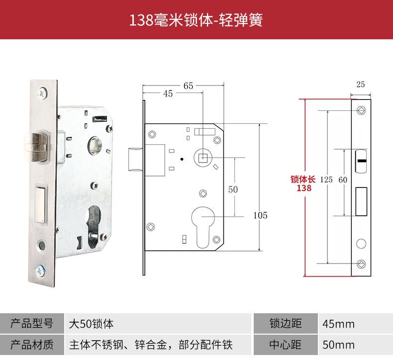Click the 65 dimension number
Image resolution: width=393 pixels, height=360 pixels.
[x=188, y=86]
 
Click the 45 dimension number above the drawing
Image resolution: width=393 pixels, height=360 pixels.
[x=168, y=94]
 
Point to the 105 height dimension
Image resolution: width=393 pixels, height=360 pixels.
[x=260, y=215]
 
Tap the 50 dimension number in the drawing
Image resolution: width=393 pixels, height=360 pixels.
[x=233, y=189]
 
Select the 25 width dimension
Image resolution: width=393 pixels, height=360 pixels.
[x=361, y=85]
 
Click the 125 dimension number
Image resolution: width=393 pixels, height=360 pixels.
[x=326, y=180]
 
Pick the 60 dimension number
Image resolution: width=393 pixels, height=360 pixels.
[x=343, y=180]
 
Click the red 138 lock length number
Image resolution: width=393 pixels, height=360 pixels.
[x=304, y=188]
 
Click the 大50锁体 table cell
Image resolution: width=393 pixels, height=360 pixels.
[x=158, y=323]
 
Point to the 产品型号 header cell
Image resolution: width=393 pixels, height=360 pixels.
[x=32, y=323]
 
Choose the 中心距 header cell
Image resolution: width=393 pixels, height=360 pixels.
[x=286, y=345]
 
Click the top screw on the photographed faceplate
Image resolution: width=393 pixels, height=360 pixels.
[x=42, y=93]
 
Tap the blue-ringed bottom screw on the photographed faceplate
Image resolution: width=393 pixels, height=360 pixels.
[x=40, y=271]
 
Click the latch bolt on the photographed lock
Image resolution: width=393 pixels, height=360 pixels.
[x=37, y=147]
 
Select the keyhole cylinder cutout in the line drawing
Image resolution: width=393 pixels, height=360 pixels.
[x=203, y=227]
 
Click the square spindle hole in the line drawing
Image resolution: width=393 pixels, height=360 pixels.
[x=203, y=158]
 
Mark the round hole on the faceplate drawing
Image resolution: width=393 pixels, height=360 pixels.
[x=361, y=243]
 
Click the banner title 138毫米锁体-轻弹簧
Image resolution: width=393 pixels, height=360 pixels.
[x=196, y=20]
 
